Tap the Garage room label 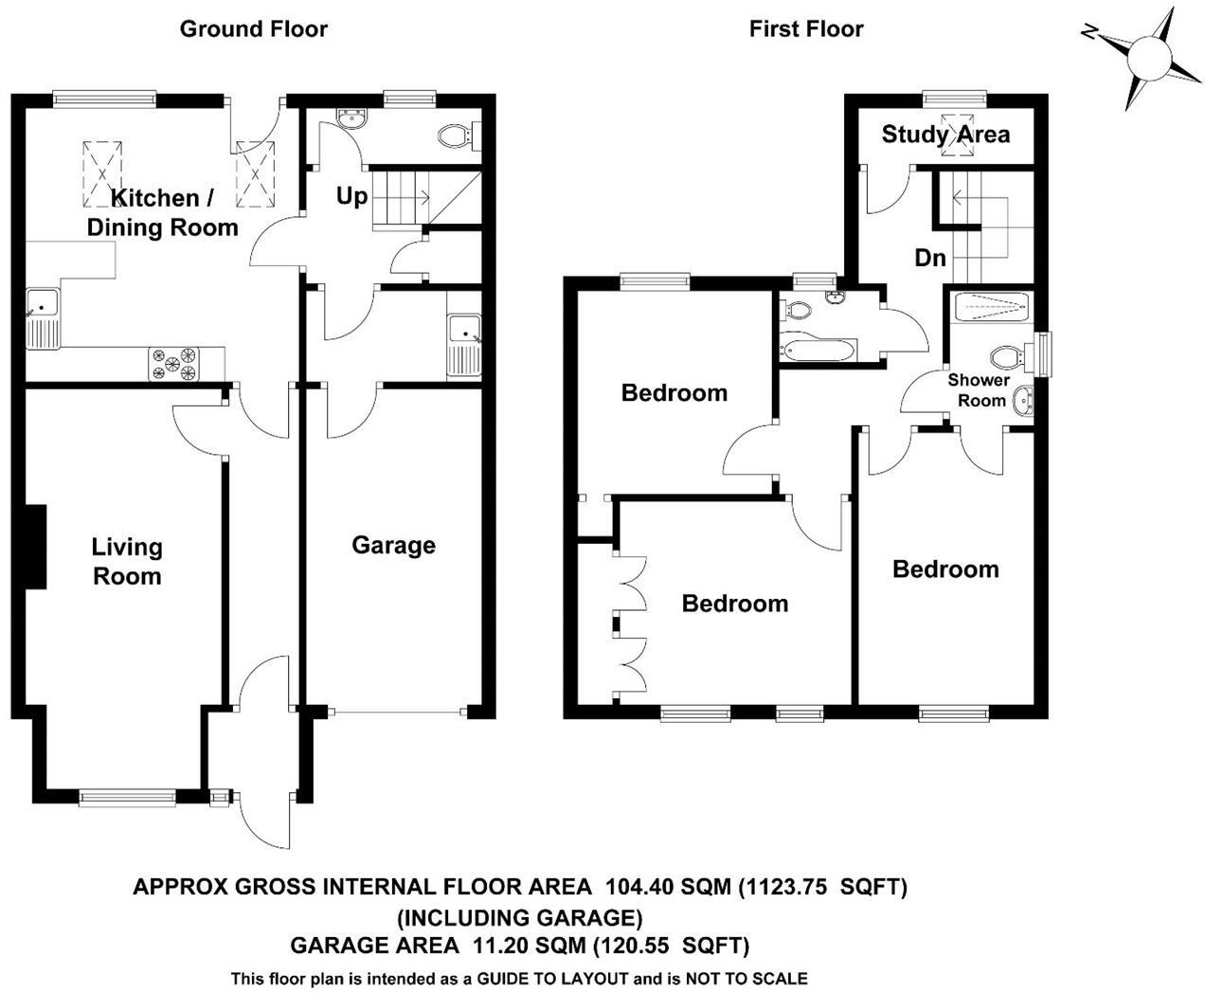393,545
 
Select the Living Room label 126,561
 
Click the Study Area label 945,135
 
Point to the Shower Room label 980,389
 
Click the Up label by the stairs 351,196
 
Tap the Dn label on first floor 929,257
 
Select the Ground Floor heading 253,28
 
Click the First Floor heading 806,28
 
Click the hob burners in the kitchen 175,364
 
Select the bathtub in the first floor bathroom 817,349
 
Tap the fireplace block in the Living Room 35,547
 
